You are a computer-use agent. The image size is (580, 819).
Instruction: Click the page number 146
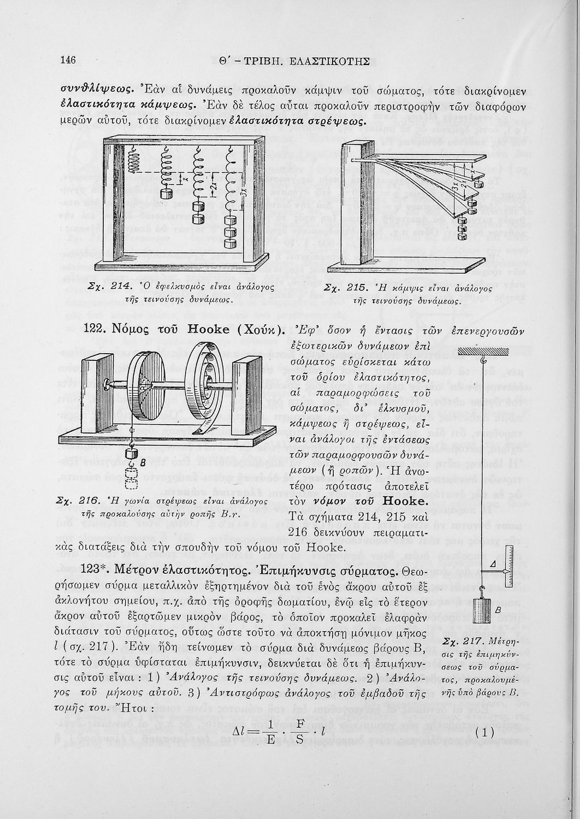[68, 60]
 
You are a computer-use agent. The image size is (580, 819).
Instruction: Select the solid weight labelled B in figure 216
[131, 453]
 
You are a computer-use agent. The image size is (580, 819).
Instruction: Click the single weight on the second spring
[167, 193]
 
